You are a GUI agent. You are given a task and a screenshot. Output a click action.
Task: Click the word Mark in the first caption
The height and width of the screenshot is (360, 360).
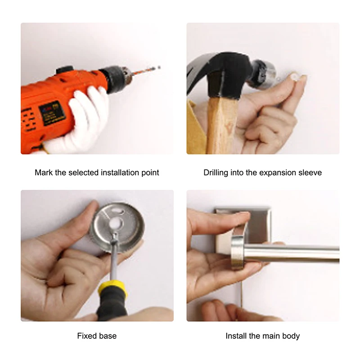pyautogui.click(x=44, y=172)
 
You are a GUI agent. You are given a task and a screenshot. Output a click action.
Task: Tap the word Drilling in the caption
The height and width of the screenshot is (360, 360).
pyautogui.click(x=216, y=172)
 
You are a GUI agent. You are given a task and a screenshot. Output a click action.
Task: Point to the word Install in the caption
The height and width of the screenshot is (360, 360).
pyautogui.click(x=236, y=336)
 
